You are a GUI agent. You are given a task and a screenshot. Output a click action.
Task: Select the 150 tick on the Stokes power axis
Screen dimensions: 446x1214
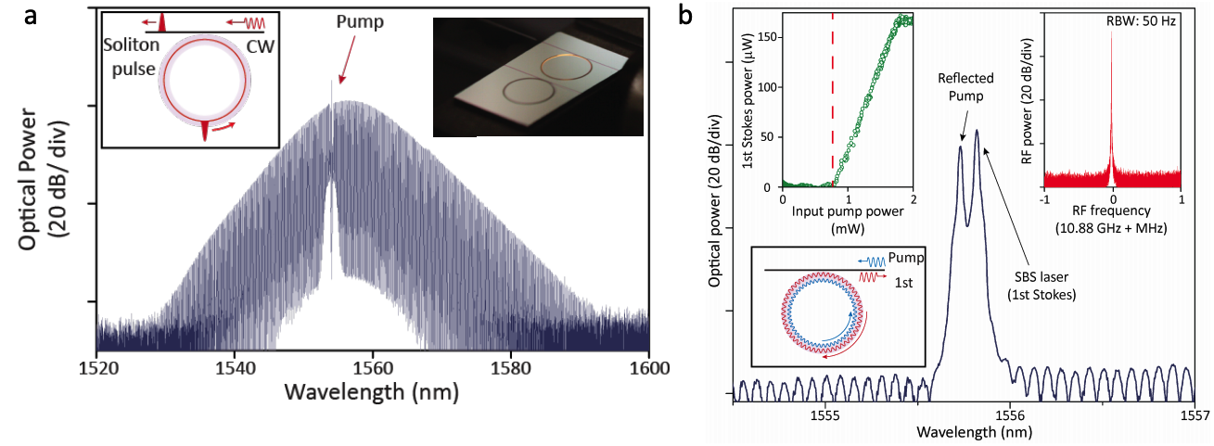(x=766, y=40)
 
